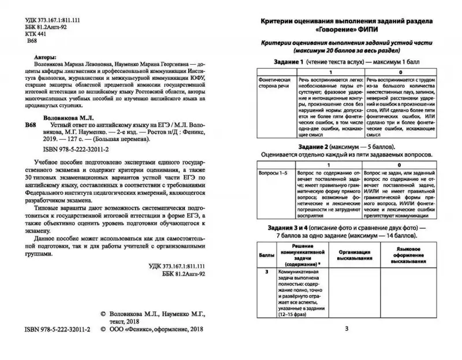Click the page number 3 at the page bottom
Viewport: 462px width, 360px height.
pos(346,329)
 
